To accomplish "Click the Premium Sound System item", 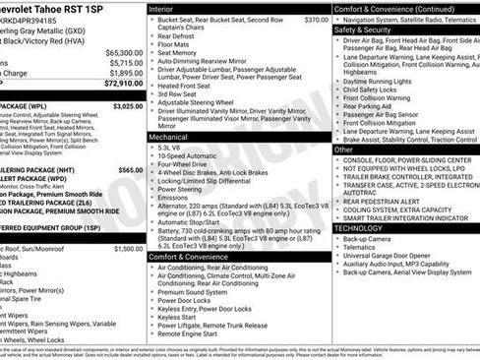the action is coord(197,292).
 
